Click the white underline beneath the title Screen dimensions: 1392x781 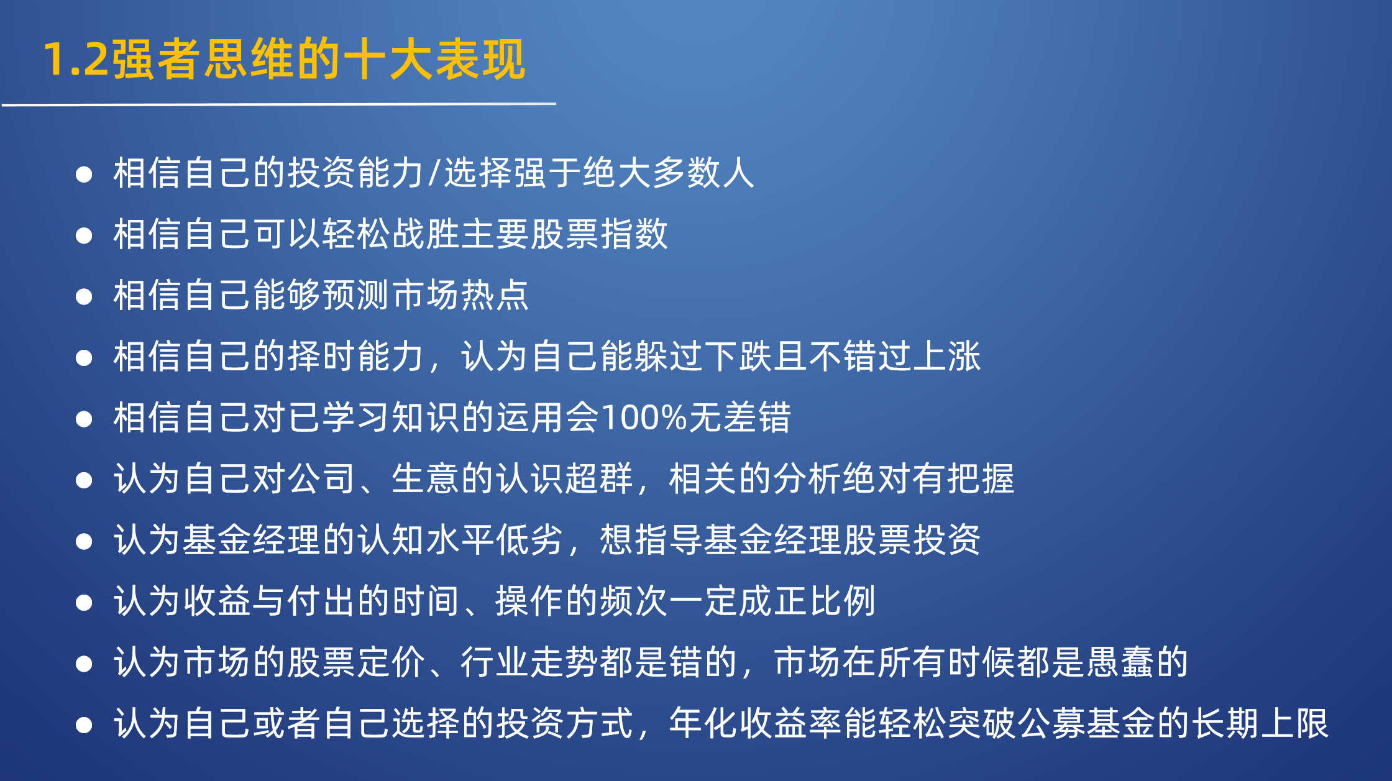pyautogui.click(x=279, y=104)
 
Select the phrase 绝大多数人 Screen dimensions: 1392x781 pyautogui.click(x=669, y=173)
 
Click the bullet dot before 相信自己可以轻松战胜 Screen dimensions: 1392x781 pyautogui.click(x=84, y=235)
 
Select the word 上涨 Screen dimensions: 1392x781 pyautogui.click(x=946, y=356)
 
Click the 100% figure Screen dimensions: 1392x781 pyautogui.click(x=644, y=418)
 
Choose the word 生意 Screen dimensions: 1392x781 pyautogui.click(x=426, y=478)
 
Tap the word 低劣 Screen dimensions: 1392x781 pyautogui.click(x=530, y=539)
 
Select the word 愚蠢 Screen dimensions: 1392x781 pyautogui.click(x=1120, y=662)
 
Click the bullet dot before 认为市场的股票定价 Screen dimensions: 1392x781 pyautogui.click(x=84, y=664)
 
